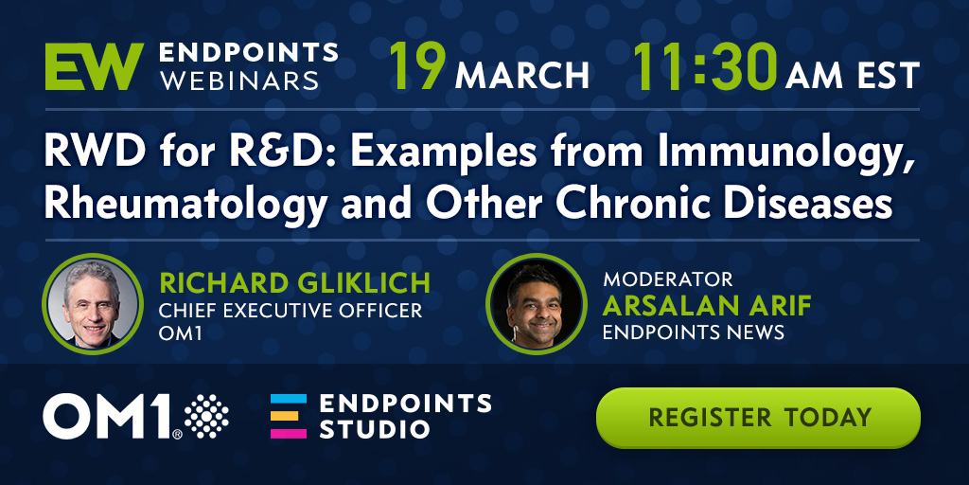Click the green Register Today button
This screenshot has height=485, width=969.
pos(758,418)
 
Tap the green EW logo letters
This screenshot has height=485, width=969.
pos(94,66)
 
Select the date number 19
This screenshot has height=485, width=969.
pos(417,66)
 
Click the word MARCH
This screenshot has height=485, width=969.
pos(521,75)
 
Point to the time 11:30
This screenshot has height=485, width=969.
pos(704,66)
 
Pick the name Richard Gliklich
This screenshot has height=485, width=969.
pos(295,282)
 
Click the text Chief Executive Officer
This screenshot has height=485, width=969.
pos(291,311)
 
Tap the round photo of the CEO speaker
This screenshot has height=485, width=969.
pos(93,303)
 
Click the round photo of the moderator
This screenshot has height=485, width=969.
pos(536,303)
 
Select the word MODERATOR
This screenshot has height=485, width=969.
pos(668,279)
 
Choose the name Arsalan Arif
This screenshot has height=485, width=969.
pos(706,306)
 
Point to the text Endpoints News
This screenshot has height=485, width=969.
pos(694,332)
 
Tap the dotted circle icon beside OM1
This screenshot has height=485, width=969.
pos(206,416)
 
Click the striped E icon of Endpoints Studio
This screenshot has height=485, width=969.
pos(288,416)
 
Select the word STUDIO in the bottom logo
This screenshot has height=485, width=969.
pos(375,429)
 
